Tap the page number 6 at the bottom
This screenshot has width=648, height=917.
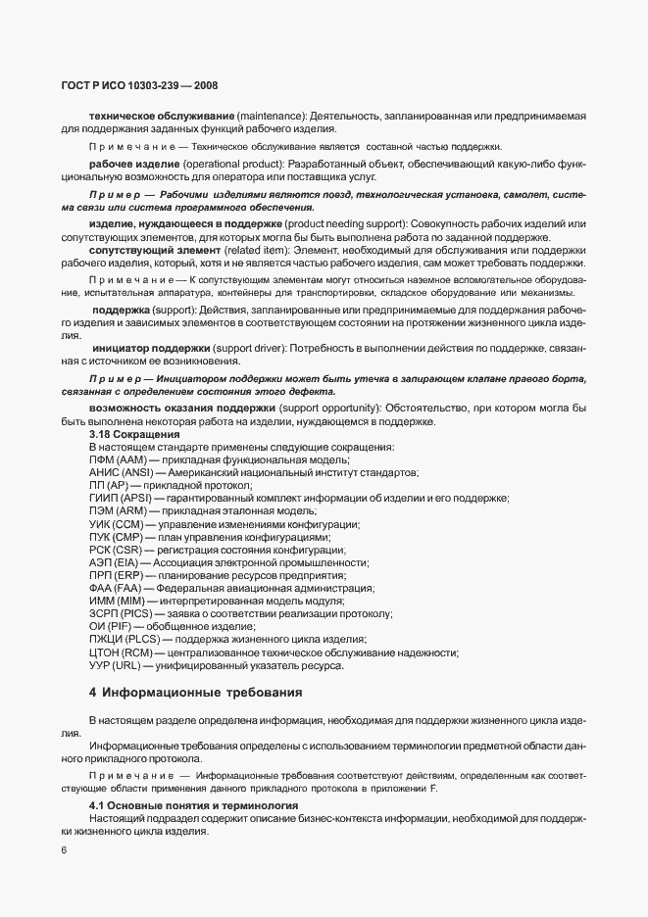tap(64, 851)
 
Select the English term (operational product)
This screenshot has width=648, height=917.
tap(231, 163)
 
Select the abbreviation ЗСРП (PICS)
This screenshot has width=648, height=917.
tap(121, 613)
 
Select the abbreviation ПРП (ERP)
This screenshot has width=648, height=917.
tap(116, 575)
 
